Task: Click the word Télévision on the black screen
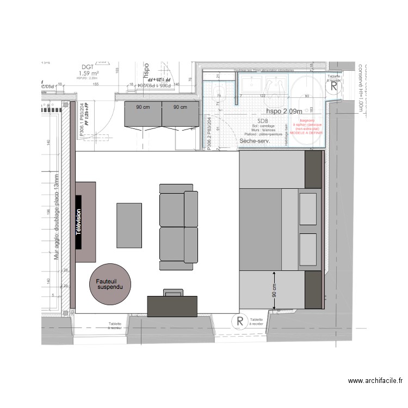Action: (x=78, y=222)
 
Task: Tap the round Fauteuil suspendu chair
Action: (x=110, y=284)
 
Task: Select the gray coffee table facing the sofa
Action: (x=129, y=224)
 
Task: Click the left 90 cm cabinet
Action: (x=143, y=114)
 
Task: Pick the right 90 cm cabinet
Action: (x=180, y=114)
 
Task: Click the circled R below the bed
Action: (x=238, y=322)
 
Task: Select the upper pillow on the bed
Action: (x=308, y=205)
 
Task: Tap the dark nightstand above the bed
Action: (x=314, y=170)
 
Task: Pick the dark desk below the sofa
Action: (x=173, y=305)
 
